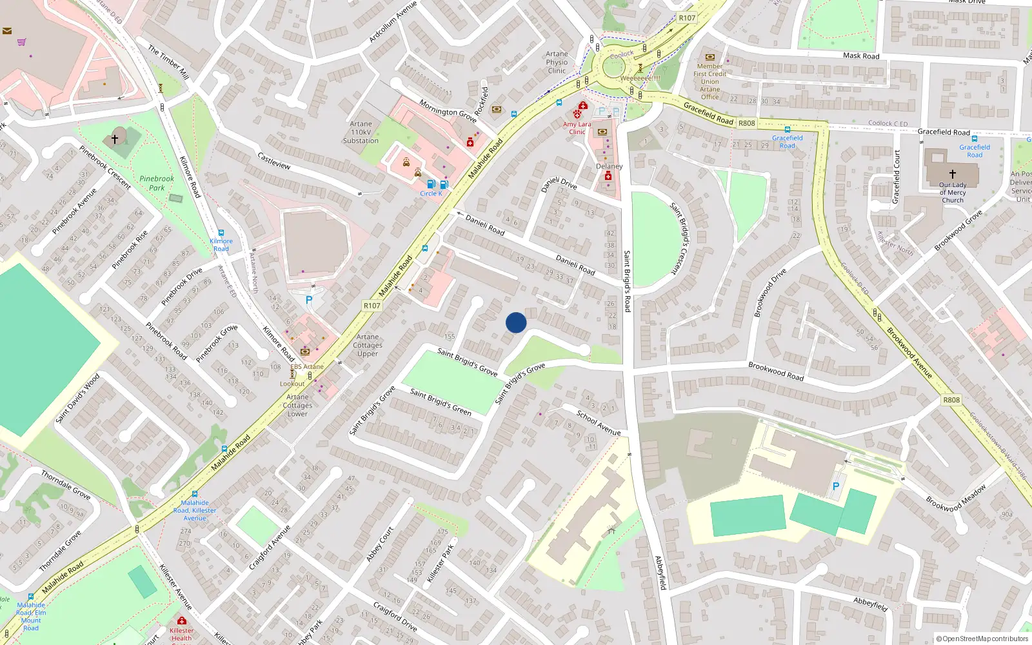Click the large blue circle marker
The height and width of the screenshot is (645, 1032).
click(516, 322)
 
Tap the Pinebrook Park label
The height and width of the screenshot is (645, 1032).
click(157, 183)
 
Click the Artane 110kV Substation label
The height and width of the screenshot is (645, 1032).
click(361, 132)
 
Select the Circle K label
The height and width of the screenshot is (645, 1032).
click(431, 193)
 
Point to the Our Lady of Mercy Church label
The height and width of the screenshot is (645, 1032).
click(952, 192)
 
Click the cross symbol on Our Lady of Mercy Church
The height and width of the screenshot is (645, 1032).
click(952, 174)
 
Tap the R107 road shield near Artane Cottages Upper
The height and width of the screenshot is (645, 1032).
click(372, 306)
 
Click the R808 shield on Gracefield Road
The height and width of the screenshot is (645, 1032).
click(746, 123)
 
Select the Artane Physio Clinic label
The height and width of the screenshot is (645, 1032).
click(557, 63)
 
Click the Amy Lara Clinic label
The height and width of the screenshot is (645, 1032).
click(577, 128)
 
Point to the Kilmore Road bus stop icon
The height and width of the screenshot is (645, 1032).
click(221, 233)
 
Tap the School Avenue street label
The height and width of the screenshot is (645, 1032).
click(598, 423)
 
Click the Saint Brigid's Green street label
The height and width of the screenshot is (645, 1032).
click(441, 402)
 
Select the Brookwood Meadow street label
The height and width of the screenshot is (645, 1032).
click(956, 498)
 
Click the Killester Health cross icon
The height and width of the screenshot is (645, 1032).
click(182, 621)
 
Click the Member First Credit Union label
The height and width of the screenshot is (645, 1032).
click(709, 81)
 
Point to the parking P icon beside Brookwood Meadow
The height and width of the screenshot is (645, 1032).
click(836, 486)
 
